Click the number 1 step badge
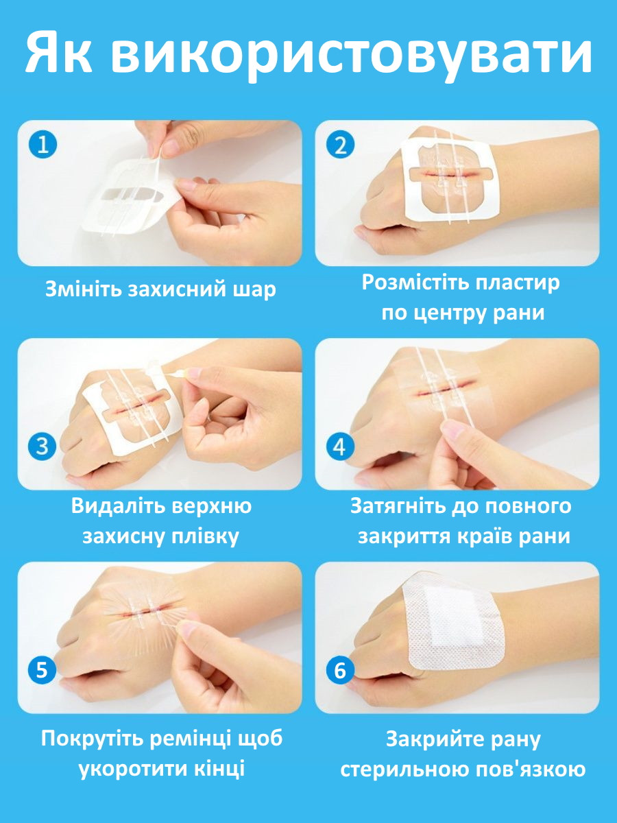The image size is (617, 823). (x=43, y=145)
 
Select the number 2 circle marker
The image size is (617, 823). (x=340, y=145)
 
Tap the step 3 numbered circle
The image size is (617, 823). (x=42, y=446)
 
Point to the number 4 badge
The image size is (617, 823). (x=340, y=446)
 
